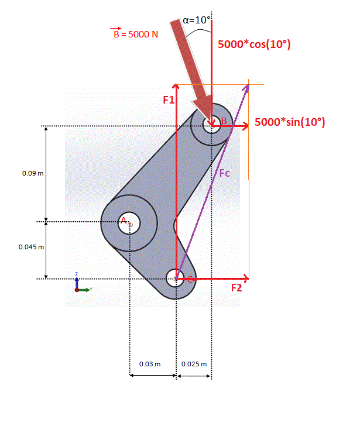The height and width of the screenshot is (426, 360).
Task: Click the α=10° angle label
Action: pyautogui.click(x=197, y=20)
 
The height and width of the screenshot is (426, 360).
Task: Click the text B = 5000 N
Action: pyautogui.click(x=136, y=33)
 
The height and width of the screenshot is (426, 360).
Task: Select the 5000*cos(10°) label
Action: pyautogui.click(x=254, y=44)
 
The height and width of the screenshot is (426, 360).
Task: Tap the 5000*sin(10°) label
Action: pyautogui.click(x=290, y=122)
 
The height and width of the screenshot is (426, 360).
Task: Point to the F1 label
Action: pyautogui.click(x=169, y=100)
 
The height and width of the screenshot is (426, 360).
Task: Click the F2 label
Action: pyautogui.click(x=236, y=288)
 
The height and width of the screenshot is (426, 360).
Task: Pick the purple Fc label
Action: pyautogui.click(x=224, y=173)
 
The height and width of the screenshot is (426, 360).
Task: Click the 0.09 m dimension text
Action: pyautogui.click(x=33, y=173)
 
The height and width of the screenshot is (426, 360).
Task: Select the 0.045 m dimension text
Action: pyautogui.click(x=31, y=247)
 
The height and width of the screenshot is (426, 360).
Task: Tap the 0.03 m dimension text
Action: pyautogui.click(x=150, y=364)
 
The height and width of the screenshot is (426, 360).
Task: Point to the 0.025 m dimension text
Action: pyautogui.click(x=194, y=364)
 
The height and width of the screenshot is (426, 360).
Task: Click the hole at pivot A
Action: pyautogui.click(x=129, y=223)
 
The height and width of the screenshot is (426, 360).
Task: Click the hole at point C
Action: pyautogui.click(x=176, y=278)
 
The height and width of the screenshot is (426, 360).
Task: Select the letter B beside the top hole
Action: pyautogui.click(x=224, y=121)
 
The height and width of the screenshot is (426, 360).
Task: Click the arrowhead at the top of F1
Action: pyautogui.click(x=176, y=86)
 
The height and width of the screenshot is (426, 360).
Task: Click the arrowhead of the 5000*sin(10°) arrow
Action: pyautogui.click(x=245, y=126)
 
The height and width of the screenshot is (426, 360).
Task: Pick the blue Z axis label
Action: pyautogui.click(x=77, y=274)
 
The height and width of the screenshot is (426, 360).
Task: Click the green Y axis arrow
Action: pyautogui.click(x=84, y=290)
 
